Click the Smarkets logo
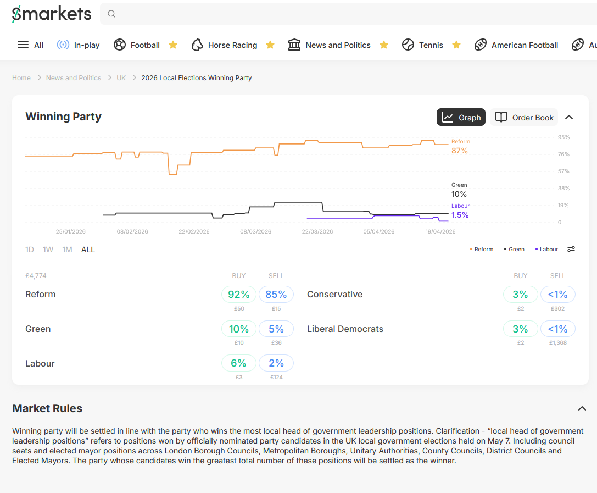click(x=52, y=14)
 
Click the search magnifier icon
click(x=111, y=14)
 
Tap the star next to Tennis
click(x=456, y=45)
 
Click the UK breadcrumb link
click(x=121, y=78)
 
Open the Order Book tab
click(x=524, y=117)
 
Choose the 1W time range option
click(x=48, y=250)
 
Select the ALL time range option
click(x=88, y=250)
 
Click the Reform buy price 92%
click(x=239, y=295)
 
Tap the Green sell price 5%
click(x=276, y=329)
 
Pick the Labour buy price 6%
click(x=239, y=363)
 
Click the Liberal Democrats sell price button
click(x=557, y=329)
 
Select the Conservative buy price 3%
click(x=520, y=295)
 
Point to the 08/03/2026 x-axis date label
click(x=255, y=232)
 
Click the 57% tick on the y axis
click(x=563, y=171)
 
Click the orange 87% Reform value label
click(x=460, y=151)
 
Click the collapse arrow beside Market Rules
click(x=582, y=408)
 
